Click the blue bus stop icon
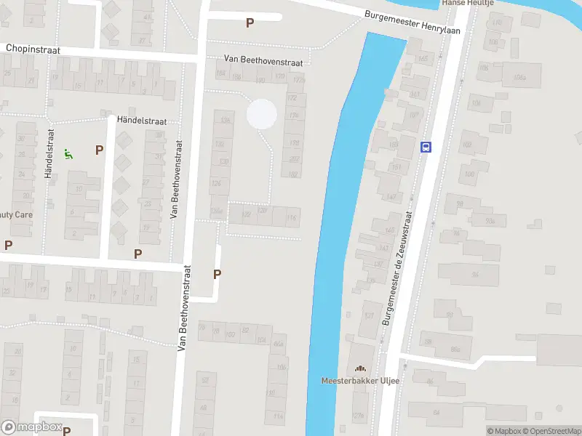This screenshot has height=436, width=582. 426,147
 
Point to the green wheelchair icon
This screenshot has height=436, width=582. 68,153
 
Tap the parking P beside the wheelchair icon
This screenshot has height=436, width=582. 99,150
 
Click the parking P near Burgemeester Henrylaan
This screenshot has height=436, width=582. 250,23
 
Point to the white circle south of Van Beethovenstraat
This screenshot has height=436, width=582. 262,114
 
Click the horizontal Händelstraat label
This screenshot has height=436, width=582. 141,121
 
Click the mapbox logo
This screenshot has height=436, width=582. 31,427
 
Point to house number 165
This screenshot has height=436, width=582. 422,58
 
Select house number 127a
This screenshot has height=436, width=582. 357,416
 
